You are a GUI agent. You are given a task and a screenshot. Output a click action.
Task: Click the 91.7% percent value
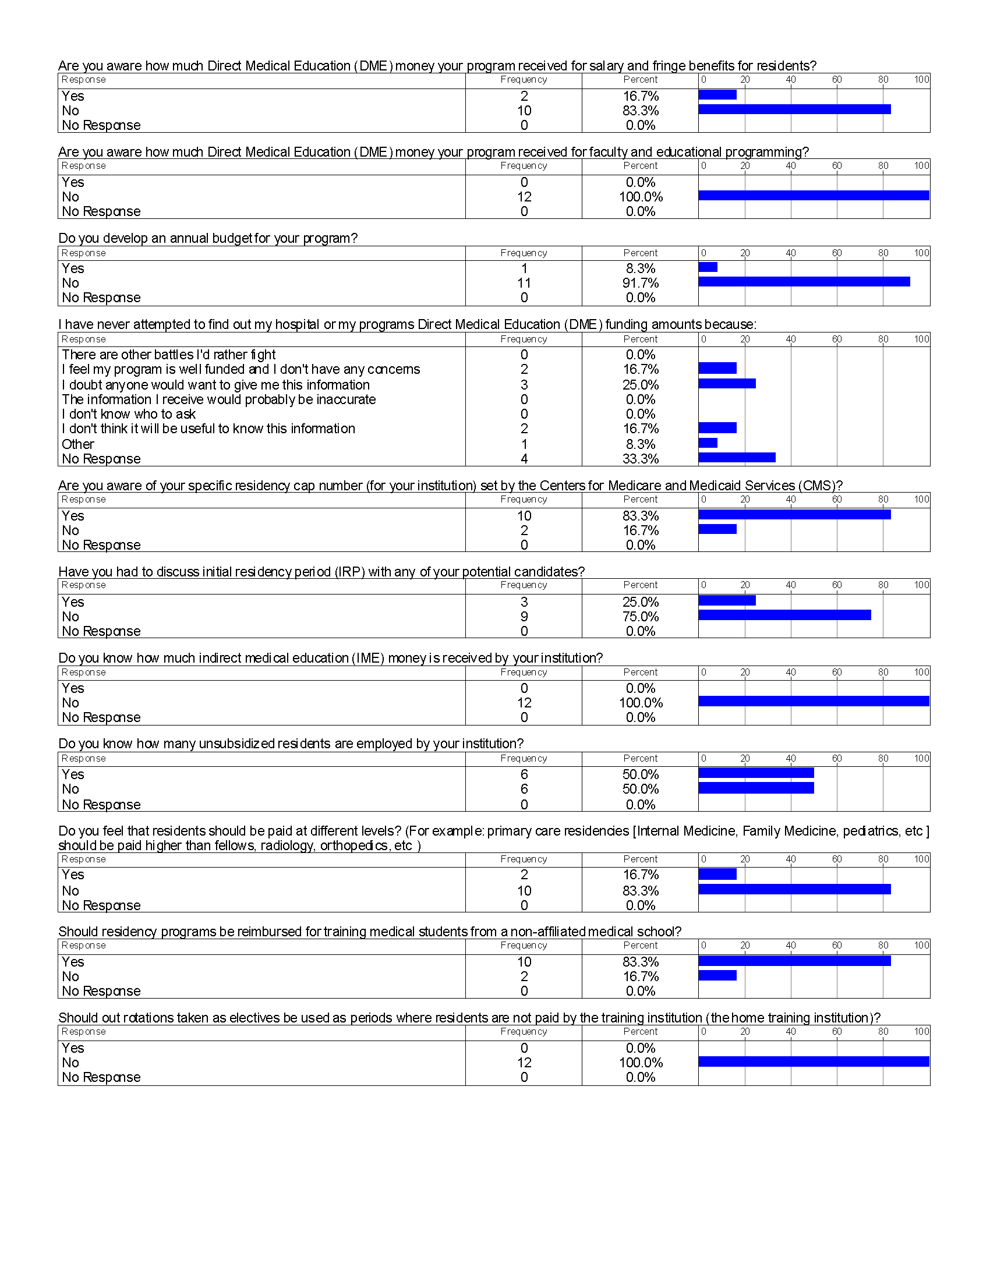[x=641, y=284]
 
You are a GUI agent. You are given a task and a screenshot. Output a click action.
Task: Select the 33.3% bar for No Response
[x=737, y=458]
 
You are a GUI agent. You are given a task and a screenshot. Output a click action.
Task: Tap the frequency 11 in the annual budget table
[x=524, y=284]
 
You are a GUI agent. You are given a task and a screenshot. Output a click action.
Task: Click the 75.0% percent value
[x=641, y=617]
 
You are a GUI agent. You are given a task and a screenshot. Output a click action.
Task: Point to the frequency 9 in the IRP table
[x=524, y=617]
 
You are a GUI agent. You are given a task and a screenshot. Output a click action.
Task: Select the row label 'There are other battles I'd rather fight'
[x=169, y=355]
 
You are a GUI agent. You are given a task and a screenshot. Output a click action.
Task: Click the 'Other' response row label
[x=78, y=444]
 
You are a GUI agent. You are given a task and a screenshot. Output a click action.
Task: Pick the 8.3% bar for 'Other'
[x=708, y=443]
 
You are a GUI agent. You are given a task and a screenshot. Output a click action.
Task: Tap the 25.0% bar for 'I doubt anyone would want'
[x=727, y=384]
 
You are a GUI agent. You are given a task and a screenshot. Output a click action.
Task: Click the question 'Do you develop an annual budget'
[x=208, y=238]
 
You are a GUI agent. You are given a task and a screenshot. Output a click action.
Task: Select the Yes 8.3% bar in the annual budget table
[x=708, y=267]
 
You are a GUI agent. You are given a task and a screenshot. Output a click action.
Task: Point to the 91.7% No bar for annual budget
[x=804, y=282]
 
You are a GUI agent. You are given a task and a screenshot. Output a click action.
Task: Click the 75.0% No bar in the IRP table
[x=785, y=615]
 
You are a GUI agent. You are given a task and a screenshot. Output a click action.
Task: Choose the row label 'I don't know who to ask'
[x=129, y=414]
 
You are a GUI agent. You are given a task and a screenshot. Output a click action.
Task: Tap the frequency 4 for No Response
[x=524, y=459]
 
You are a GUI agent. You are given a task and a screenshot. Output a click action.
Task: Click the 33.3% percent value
[x=641, y=459]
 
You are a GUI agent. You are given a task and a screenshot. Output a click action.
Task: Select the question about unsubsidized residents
[x=291, y=744]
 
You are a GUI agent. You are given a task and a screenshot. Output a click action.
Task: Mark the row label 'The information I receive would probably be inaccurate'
[x=219, y=399]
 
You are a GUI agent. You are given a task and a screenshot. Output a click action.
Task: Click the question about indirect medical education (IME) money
[x=330, y=658]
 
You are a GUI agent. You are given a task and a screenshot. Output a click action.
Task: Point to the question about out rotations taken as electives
[x=469, y=1018]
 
